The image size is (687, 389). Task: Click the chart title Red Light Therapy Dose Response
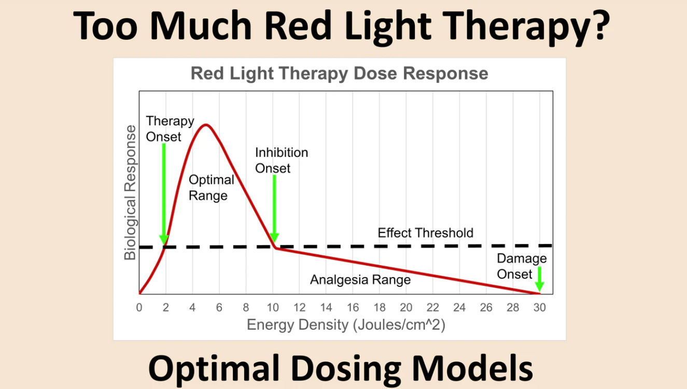339,74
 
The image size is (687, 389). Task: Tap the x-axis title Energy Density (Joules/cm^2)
346,325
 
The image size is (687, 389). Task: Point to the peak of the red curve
206,125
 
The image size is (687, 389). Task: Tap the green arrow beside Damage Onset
539,279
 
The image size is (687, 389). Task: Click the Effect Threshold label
425,233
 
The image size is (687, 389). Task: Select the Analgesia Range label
360,280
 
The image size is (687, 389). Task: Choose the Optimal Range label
211,188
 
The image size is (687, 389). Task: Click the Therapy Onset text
170,128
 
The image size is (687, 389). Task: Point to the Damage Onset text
521,266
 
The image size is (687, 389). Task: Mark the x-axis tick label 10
273,308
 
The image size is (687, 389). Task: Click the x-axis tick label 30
539,308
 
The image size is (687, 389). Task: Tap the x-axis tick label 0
139,308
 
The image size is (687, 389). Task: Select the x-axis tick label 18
380,308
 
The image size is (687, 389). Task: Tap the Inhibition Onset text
281,160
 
